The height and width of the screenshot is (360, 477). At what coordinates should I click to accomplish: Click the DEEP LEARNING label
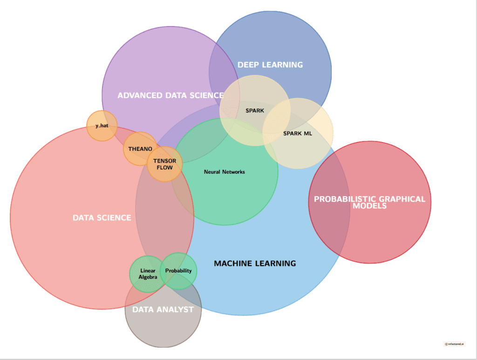click(270, 65)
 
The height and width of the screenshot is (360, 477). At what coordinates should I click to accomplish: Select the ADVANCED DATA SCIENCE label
click(170, 95)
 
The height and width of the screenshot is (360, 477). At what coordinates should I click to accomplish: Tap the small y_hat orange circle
click(102, 126)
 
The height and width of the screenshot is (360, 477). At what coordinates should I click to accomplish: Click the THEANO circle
click(140, 149)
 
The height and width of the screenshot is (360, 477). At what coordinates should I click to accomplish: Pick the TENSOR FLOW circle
click(164, 164)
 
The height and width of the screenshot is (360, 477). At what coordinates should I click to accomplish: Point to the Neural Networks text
click(224, 172)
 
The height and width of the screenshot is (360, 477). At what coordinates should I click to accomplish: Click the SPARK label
click(255, 111)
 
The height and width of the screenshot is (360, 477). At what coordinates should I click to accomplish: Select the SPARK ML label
click(298, 134)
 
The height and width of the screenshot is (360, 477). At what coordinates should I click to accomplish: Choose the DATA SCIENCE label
click(102, 217)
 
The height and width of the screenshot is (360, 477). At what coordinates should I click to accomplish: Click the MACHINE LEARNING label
click(255, 264)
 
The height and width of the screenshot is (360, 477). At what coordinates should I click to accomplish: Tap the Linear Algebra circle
click(148, 274)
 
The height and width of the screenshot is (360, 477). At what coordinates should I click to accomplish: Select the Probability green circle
click(178, 271)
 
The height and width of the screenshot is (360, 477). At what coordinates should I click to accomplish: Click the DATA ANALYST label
click(163, 310)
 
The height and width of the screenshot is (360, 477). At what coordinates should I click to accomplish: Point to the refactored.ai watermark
click(454, 344)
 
